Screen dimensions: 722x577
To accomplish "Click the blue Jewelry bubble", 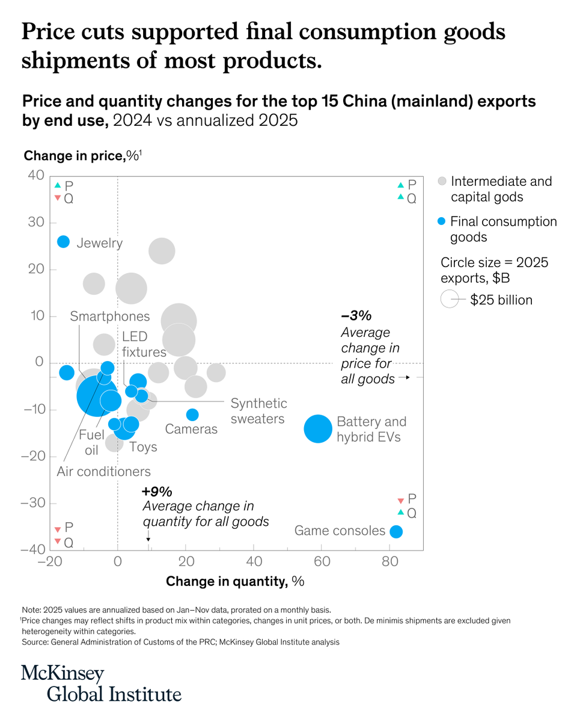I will [x=64, y=241].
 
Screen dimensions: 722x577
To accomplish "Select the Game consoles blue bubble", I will [x=396, y=532].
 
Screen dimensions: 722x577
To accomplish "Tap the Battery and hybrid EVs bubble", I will [x=318, y=428].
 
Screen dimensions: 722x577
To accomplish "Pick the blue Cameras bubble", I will [x=192, y=415].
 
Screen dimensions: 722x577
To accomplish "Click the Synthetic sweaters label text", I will [x=258, y=411].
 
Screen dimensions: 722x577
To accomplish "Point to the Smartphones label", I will [x=110, y=316].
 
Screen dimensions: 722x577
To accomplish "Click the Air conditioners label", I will [x=103, y=472].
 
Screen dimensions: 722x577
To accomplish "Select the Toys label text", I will [x=143, y=447].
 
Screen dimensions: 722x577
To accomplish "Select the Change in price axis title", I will [x=82, y=156].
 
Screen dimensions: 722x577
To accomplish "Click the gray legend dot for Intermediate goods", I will [x=442, y=182].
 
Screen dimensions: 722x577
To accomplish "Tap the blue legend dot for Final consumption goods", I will [x=442, y=222].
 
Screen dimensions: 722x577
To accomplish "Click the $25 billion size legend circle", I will [x=450, y=299].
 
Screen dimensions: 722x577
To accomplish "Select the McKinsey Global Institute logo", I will [x=101, y=683].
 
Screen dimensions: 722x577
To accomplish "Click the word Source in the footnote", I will [x=35, y=642].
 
